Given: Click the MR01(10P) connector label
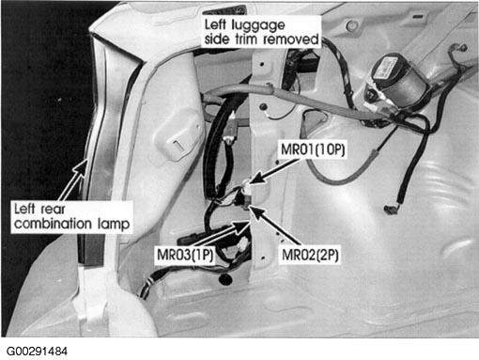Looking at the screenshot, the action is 313,149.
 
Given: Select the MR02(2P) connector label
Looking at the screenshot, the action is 310,255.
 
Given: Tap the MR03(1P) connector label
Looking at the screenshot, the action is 185,255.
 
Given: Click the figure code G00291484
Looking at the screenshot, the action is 37,351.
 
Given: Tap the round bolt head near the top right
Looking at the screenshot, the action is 352,25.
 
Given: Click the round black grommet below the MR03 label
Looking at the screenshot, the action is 224,278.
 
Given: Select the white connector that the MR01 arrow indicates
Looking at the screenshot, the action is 247,187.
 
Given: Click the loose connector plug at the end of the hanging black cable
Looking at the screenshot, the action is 391,210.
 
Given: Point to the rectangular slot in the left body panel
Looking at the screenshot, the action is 178,146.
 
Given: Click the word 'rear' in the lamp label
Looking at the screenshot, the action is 54,210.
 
